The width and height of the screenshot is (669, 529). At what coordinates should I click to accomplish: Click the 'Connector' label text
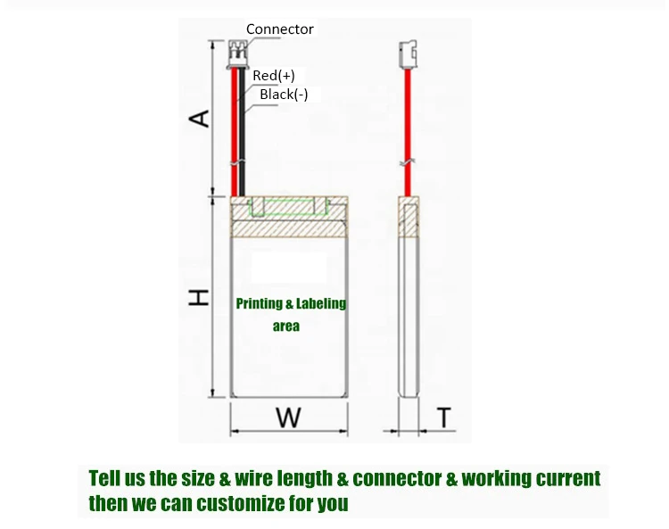click(279, 29)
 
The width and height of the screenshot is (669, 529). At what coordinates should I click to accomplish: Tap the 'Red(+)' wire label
click(273, 76)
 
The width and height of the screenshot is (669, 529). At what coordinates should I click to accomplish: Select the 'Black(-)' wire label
click(284, 95)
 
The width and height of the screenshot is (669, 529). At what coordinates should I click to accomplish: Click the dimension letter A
click(202, 118)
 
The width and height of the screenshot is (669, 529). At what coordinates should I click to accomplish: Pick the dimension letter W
click(287, 417)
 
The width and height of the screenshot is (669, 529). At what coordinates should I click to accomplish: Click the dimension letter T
click(444, 416)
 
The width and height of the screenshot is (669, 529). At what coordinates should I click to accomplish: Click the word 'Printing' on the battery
click(258, 304)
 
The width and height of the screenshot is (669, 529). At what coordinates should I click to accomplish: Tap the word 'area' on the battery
click(286, 326)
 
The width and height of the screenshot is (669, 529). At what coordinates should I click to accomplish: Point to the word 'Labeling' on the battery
click(316, 304)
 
